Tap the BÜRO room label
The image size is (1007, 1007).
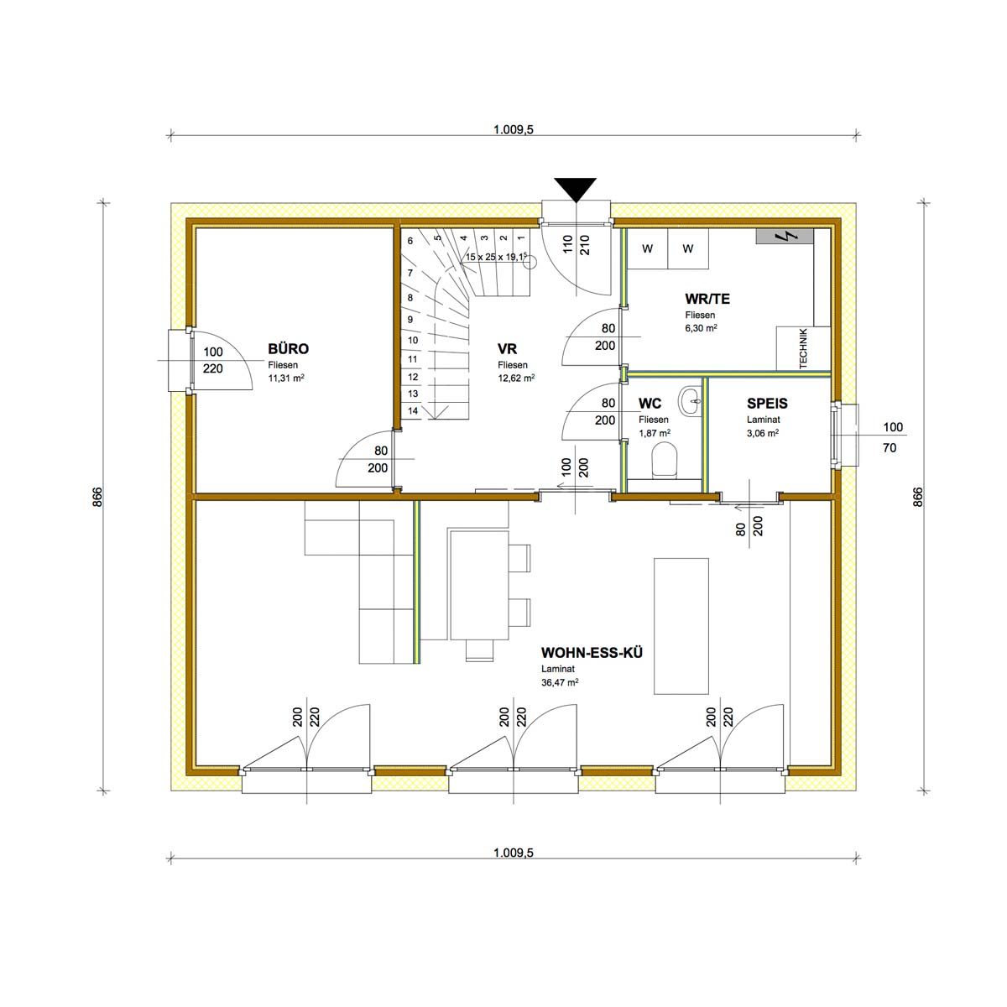coord(288,348)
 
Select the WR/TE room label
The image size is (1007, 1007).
coord(707,299)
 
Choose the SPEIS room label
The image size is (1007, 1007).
coord(767,404)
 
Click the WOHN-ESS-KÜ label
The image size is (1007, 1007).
coord(592,653)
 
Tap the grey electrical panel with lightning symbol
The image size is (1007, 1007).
coord(785,236)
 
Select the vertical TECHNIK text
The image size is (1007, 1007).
coord(803,348)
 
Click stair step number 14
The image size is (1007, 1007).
coord(413,410)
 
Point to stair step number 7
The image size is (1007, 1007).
coord(410,273)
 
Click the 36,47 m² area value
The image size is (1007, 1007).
coord(560,682)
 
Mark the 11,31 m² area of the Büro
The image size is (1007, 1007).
coord(286,378)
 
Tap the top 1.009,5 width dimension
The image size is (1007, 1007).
coord(514,129)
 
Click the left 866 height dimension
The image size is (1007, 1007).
coord(97,497)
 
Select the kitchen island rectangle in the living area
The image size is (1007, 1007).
coord(681,626)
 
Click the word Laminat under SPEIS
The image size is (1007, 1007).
coord(764,419)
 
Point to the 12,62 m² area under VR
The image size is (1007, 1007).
coord(516,378)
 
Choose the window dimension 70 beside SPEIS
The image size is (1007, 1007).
coord(890,447)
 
